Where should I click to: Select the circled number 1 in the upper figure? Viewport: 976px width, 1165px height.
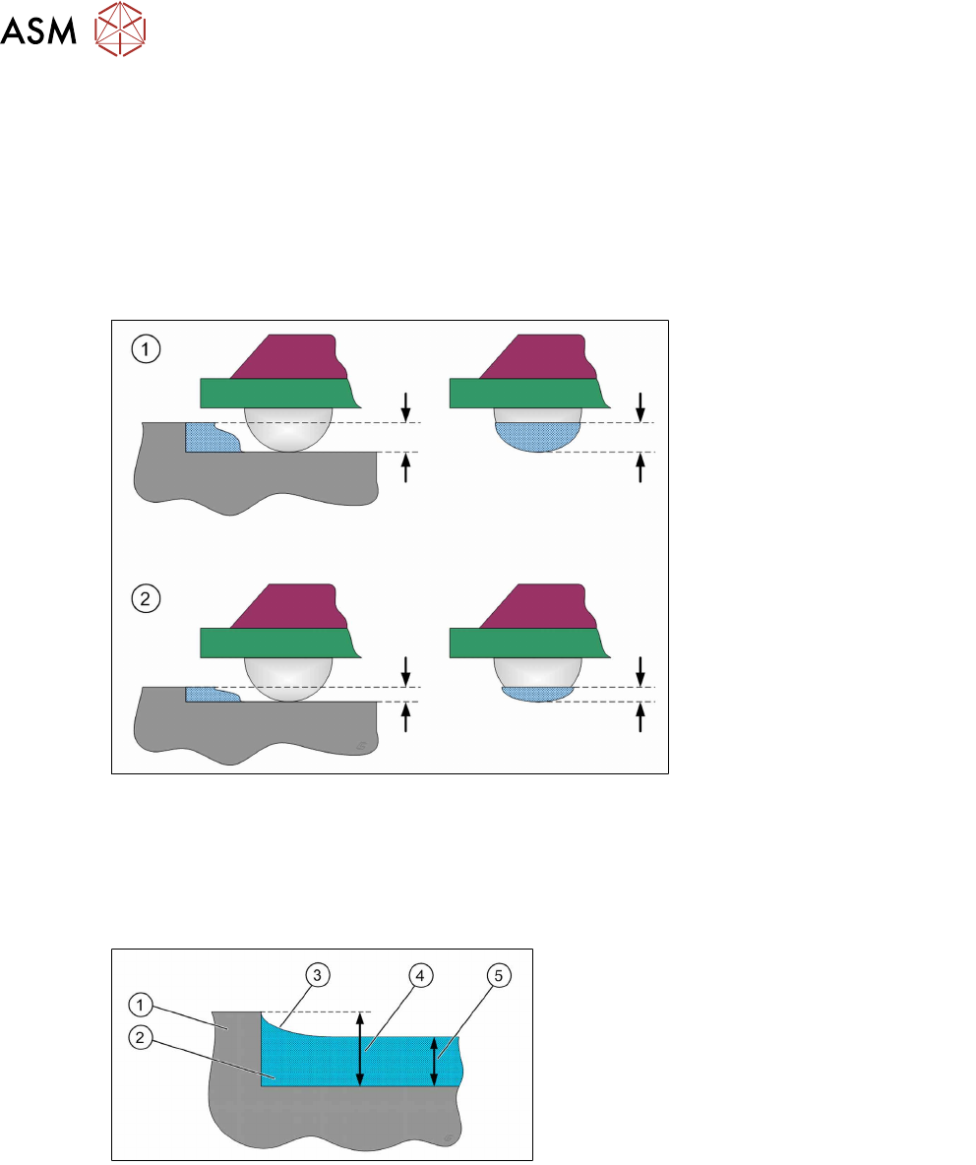tap(145, 348)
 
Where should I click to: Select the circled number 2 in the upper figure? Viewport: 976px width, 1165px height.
tap(145, 598)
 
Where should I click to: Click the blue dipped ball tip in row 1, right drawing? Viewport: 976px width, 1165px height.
tap(535, 437)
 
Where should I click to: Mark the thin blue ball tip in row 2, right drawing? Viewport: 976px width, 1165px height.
tap(535, 693)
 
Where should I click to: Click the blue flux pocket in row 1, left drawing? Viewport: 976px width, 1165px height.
tap(211, 438)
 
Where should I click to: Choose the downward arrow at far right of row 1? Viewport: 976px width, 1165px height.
tap(640, 404)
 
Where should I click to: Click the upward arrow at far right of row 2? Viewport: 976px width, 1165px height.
tap(640, 715)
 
